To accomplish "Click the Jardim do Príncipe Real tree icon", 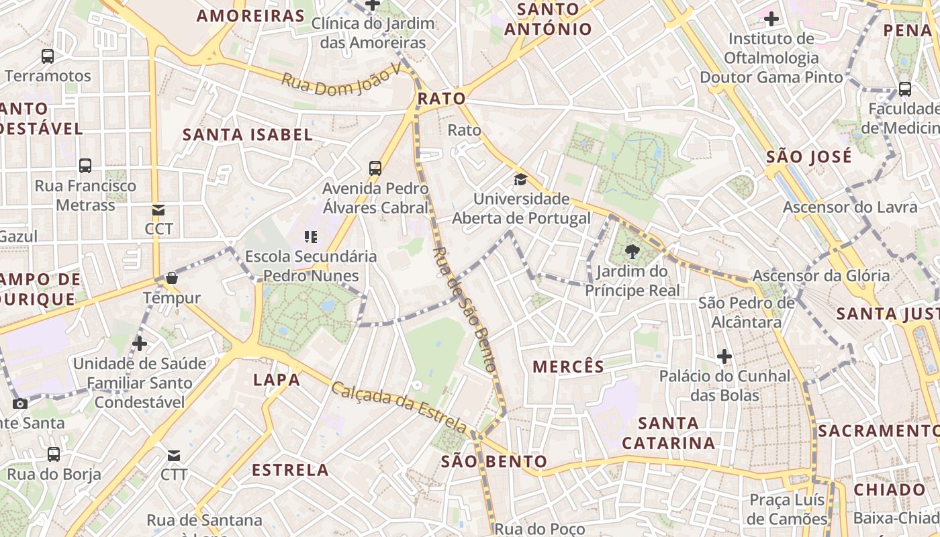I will pos(632,252).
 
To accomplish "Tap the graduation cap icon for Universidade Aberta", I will pos(520,179).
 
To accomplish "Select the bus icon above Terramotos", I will pos(48,56).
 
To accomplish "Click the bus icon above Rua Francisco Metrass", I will pos(85,166).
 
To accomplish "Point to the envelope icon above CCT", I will pos(158,210).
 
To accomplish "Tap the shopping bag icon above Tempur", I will pos(172,278).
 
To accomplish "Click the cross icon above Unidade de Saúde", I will pos(139,344).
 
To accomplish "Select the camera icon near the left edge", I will pos(20,403).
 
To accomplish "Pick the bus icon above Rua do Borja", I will pos(54,454).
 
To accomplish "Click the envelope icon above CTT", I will pos(174,456).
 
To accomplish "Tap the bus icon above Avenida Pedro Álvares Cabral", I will pos(375,168).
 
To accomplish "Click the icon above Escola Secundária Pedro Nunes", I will pos(310,236).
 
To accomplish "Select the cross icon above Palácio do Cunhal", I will pos(724,356).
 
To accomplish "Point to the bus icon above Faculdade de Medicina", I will pos(905,89).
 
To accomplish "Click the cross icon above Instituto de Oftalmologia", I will pos(771,19).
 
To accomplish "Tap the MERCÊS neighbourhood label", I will pos(568,367).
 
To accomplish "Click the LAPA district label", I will pos(277,380).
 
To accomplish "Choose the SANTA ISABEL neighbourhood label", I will pos(248,134).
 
